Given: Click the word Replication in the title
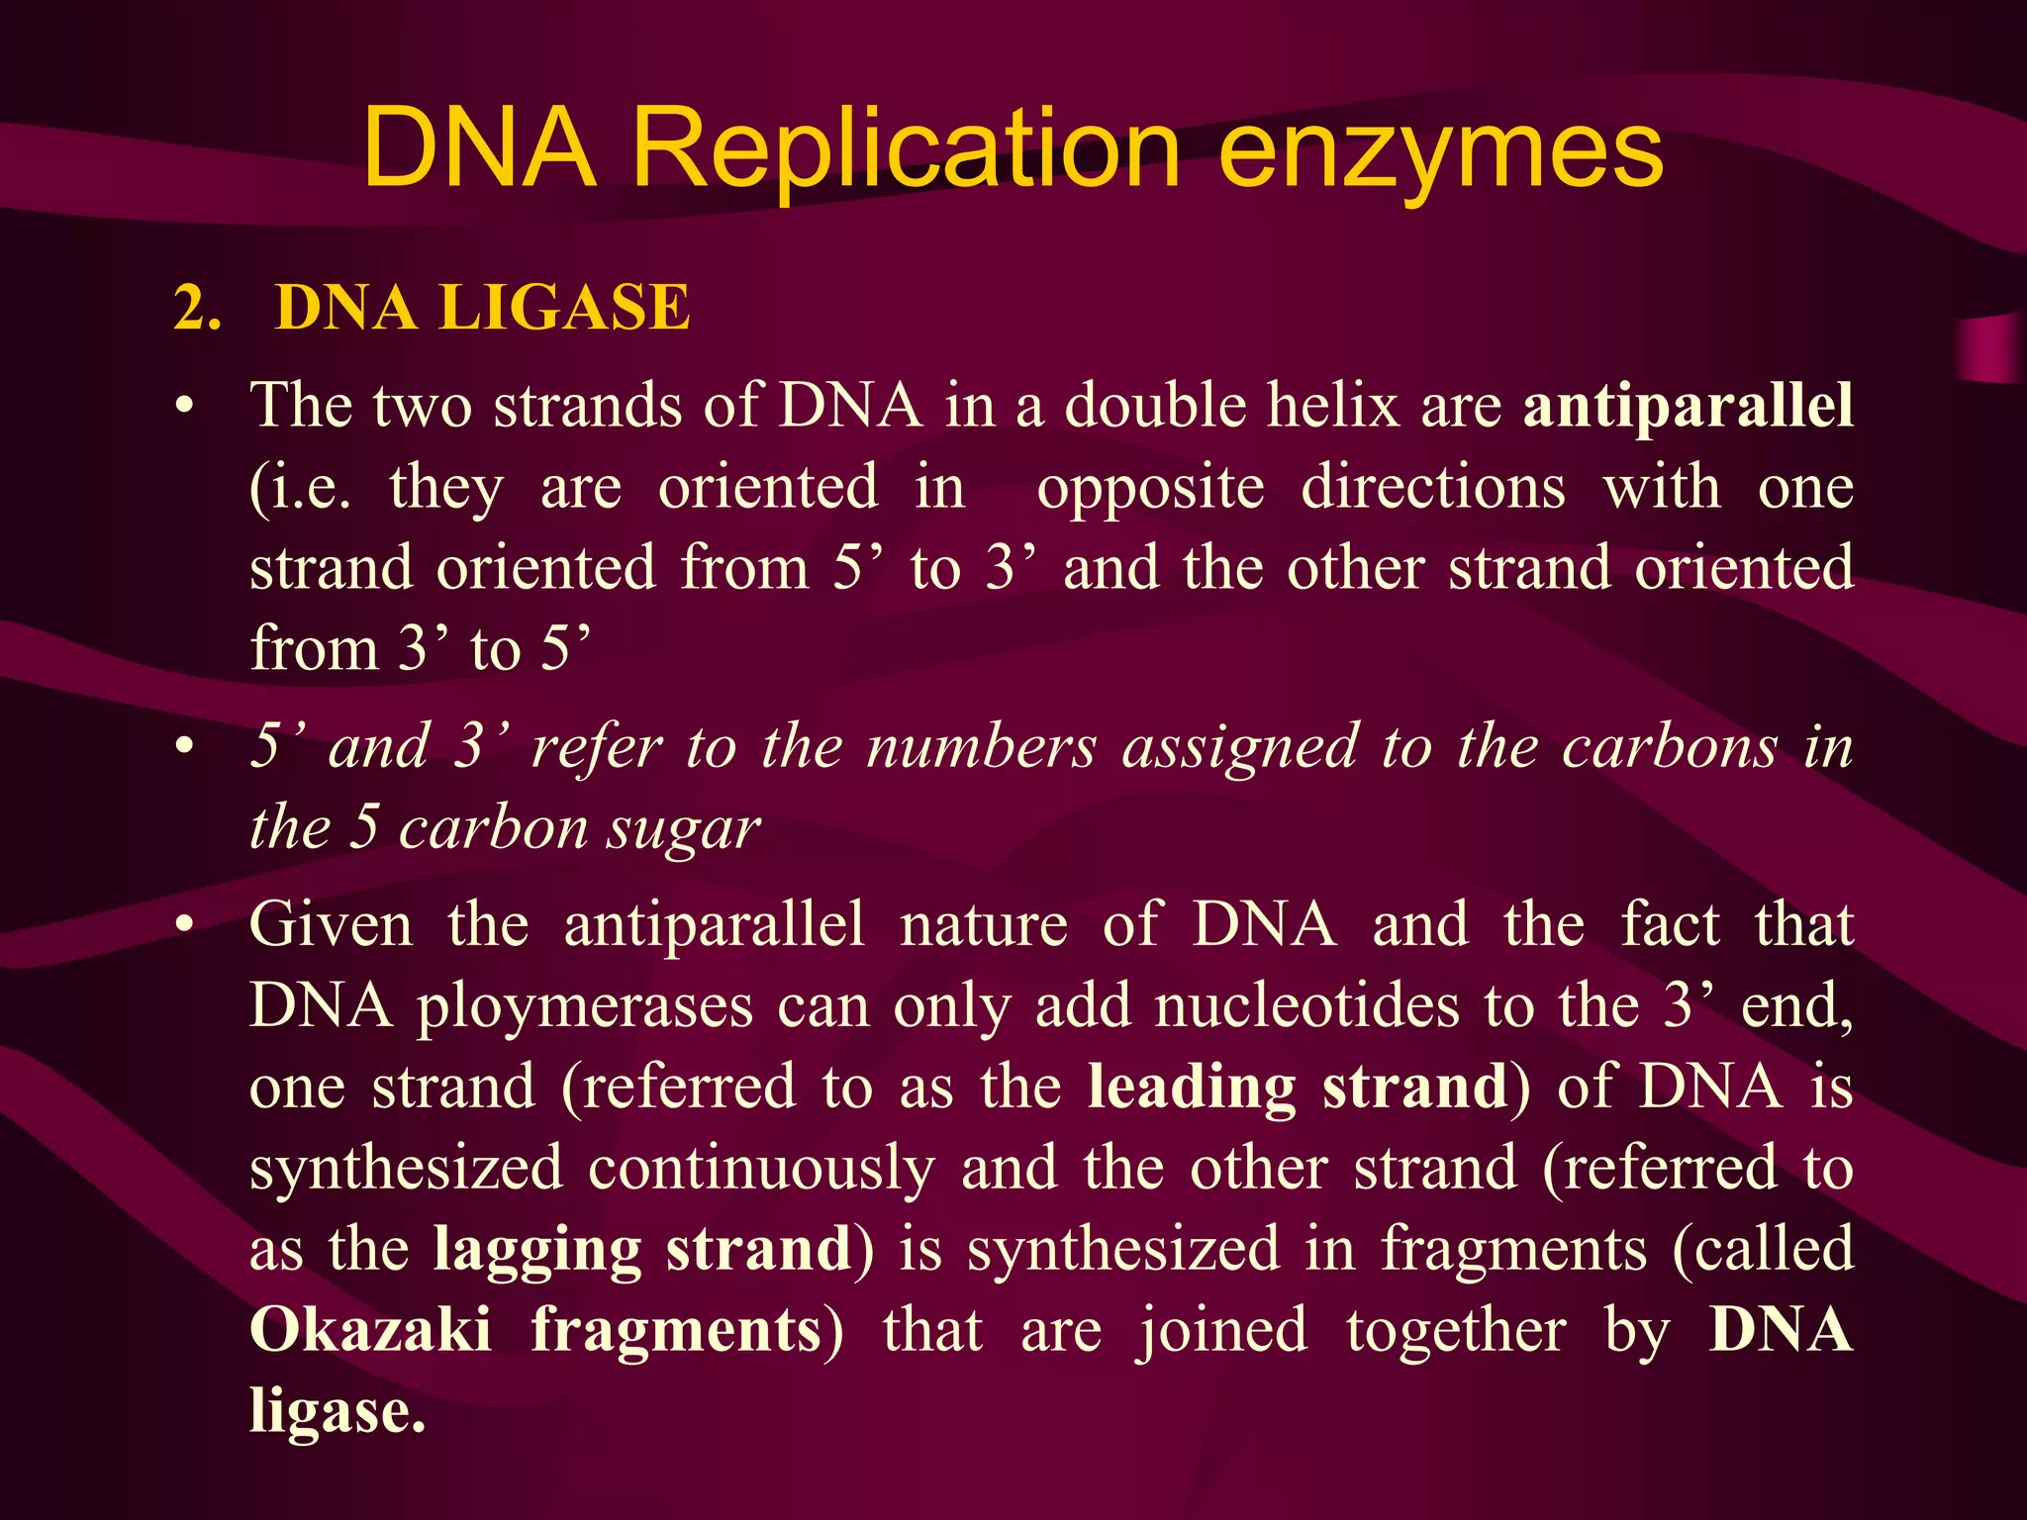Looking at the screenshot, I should point(906,150).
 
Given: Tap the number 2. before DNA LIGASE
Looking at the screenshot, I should point(197,308).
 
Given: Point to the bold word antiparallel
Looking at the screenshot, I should point(1688,407).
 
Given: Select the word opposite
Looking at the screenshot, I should point(1150,489).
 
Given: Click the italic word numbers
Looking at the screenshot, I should point(981,747).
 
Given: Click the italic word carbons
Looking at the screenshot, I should point(1670,747).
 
